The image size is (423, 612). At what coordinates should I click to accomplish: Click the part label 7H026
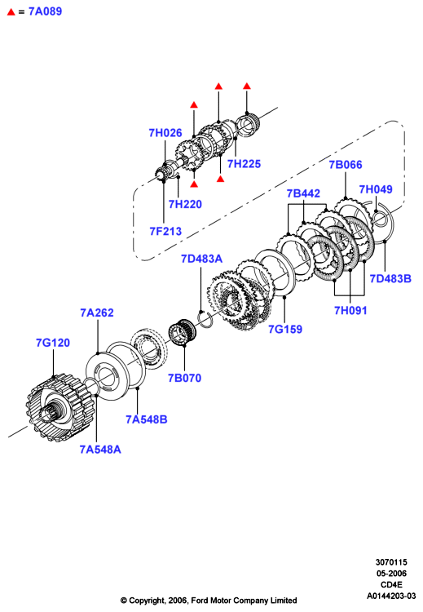click(165, 133)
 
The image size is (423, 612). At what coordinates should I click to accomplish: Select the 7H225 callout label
click(244, 163)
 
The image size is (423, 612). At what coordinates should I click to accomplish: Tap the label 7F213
click(165, 231)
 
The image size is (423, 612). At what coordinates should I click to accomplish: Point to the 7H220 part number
click(185, 204)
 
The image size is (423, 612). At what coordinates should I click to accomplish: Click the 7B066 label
click(346, 165)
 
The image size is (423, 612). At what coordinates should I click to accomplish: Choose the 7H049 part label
click(376, 189)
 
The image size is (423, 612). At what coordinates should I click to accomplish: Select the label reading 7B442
click(303, 193)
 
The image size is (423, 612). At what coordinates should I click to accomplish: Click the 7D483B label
click(390, 279)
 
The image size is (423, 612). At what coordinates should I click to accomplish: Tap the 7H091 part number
click(350, 311)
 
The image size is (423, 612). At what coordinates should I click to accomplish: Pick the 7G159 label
click(285, 330)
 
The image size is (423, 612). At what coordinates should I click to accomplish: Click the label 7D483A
click(201, 259)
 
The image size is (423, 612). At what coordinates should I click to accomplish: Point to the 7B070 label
click(184, 378)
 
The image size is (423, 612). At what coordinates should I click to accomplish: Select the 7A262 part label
click(97, 313)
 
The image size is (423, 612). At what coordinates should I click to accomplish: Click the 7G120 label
click(53, 343)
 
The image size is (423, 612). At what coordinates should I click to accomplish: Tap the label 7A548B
click(147, 419)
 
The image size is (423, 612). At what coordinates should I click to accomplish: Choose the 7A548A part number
click(100, 450)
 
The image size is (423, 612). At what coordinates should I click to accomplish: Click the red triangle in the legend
click(11, 12)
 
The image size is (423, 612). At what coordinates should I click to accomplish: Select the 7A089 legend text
click(45, 11)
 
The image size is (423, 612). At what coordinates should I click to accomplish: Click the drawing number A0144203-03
click(391, 596)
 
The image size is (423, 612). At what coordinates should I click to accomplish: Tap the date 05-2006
click(391, 574)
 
